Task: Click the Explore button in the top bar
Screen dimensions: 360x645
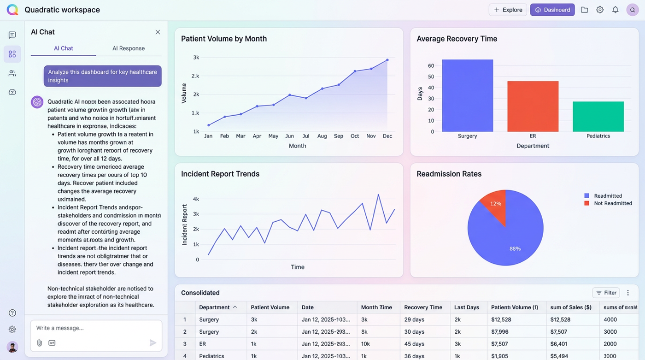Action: tap(508, 10)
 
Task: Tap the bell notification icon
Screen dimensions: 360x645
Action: tap(615, 10)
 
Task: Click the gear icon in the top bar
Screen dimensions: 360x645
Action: tap(600, 10)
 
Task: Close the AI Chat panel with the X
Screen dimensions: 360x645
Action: tap(158, 32)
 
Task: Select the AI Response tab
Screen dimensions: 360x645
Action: tap(129, 48)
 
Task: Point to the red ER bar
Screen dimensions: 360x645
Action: tap(533, 106)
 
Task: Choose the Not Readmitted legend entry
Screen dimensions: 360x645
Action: tap(613, 203)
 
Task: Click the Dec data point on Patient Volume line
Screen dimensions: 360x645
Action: tap(387, 60)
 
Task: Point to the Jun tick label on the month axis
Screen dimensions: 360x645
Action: tap(289, 136)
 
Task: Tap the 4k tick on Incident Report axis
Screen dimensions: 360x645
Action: tap(196, 199)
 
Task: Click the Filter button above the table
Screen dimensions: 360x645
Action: tap(606, 293)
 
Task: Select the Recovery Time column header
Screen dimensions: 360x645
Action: tap(423, 307)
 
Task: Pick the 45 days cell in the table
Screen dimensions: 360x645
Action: tap(414, 344)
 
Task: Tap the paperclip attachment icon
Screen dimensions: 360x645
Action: tap(39, 343)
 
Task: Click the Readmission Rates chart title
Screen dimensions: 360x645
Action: tap(449, 174)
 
